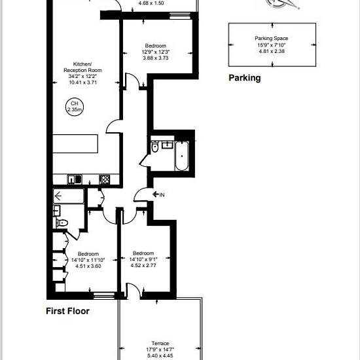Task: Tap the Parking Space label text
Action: point(272,39)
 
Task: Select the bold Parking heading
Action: point(245,78)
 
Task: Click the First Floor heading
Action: point(67,311)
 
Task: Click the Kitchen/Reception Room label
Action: point(82,67)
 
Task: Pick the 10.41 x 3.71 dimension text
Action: point(83,82)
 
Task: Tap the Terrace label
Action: point(160,343)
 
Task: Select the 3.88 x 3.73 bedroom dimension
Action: point(156,58)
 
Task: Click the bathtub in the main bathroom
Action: point(182,156)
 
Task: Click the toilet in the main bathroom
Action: point(154,147)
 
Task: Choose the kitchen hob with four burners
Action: point(105,179)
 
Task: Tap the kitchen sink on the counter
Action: point(75,179)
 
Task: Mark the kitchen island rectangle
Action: point(75,144)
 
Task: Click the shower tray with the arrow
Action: point(69,196)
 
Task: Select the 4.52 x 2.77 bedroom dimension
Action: point(143,266)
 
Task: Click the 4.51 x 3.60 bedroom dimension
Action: point(88,266)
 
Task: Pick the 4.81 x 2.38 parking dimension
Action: point(272,51)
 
